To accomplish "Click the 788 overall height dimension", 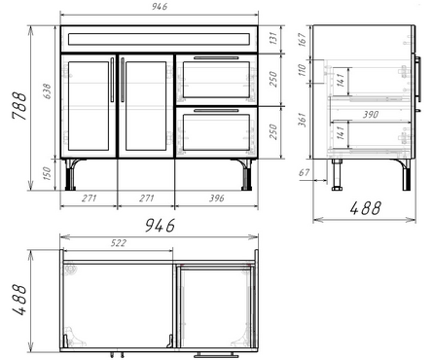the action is tap(18, 106).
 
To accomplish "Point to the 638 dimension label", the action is tap(47, 91).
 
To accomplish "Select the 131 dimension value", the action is tap(273, 38).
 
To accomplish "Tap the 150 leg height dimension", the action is tap(47, 174).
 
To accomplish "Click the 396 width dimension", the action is tap(216, 198).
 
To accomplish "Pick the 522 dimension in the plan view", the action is tap(119, 243).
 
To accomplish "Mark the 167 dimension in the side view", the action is tap(302, 39).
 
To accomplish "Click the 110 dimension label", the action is tap(302, 70).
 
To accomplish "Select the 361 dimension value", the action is tap(302, 120).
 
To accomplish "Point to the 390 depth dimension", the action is tap(371, 114).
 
